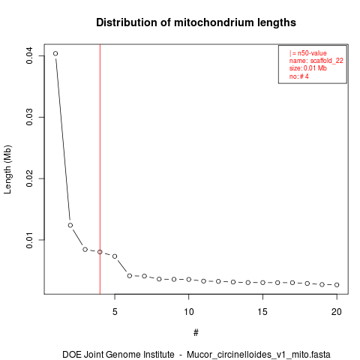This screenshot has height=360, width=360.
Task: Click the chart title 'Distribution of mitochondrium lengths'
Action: [196, 22]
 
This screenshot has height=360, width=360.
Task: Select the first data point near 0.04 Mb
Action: [55, 53]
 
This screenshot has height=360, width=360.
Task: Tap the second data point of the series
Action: [70, 225]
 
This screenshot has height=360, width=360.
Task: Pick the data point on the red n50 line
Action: [100, 252]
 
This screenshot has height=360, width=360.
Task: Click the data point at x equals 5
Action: [115, 256]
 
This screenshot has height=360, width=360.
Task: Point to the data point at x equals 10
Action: [189, 279]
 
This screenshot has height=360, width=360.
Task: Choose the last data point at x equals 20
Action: [337, 285]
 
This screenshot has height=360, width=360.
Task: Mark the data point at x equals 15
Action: [262, 283]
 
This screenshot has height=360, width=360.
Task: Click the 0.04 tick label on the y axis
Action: [29, 55]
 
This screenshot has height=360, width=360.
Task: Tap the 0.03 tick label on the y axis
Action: [29, 117]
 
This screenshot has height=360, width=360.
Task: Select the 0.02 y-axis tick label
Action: [29, 178]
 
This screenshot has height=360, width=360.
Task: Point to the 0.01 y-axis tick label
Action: [29, 240]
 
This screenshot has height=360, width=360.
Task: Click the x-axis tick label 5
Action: [115, 312]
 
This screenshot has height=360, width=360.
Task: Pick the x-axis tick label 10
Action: [189, 312]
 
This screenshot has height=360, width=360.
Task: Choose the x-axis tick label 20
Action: [337, 312]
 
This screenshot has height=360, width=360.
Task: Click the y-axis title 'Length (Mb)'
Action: [7, 169]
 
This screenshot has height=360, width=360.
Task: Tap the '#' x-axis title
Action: [196, 333]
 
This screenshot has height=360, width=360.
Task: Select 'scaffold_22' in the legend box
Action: [327, 61]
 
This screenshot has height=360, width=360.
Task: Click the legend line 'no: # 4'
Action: [299, 76]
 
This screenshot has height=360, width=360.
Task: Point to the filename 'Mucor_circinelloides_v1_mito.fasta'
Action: [259, 355]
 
